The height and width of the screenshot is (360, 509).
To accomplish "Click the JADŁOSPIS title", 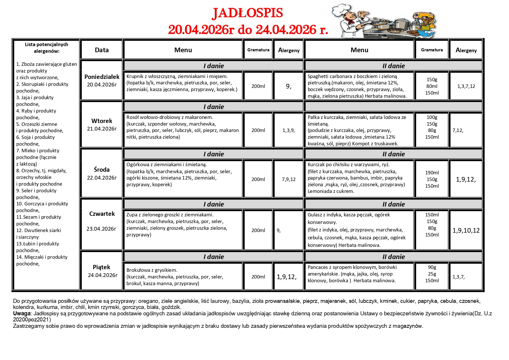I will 247,13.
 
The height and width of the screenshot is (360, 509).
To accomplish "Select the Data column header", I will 102,50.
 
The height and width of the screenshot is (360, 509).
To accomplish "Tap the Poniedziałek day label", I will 102,77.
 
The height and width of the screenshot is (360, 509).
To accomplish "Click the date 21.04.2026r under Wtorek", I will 102,129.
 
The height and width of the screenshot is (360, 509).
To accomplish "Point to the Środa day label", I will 102,170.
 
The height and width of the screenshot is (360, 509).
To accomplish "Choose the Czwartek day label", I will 102,214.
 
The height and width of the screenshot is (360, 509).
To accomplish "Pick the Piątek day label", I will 102,267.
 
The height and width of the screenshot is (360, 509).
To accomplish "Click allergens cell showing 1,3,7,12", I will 466,86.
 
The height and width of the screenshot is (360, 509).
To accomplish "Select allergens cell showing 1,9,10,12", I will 466,231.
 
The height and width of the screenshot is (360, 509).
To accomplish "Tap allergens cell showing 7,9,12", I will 289,179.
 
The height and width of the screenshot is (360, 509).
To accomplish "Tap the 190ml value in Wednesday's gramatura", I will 432,173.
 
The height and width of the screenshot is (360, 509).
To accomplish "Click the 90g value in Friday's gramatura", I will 432,267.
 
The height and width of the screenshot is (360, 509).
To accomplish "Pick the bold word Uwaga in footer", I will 22,314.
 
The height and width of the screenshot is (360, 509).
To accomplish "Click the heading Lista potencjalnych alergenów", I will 46,48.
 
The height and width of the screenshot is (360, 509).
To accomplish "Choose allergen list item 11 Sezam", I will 39,217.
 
